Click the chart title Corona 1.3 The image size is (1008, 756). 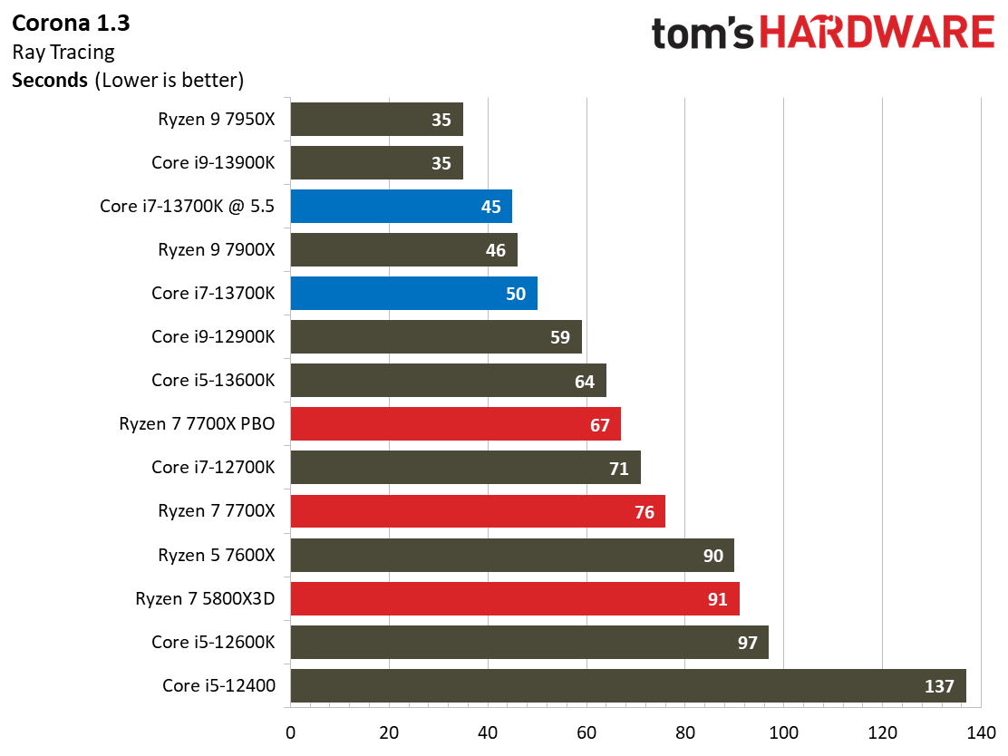(72, 23)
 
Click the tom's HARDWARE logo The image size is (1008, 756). (822, 34)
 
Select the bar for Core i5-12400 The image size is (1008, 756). (627, 686)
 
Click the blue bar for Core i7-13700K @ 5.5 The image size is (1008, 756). (401, 207)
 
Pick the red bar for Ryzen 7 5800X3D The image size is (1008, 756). (515, 599)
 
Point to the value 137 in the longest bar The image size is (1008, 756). (939, 686)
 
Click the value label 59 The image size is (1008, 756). (560, 337)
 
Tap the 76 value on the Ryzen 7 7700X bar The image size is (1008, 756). (645, 512)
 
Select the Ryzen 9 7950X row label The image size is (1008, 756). (216, 119)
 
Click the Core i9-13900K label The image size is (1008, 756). (213, 163)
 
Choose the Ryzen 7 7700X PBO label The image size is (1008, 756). (197, 424)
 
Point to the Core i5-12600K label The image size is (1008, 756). (213, 642)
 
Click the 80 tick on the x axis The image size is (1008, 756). (685, 732)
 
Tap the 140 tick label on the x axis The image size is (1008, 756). (981, 732)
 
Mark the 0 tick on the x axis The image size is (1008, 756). (290, 732)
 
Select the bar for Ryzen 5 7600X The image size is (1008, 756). (512, 556)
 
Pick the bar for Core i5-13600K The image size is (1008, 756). (448, 381)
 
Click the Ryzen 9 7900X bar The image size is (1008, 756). (403, 250)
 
